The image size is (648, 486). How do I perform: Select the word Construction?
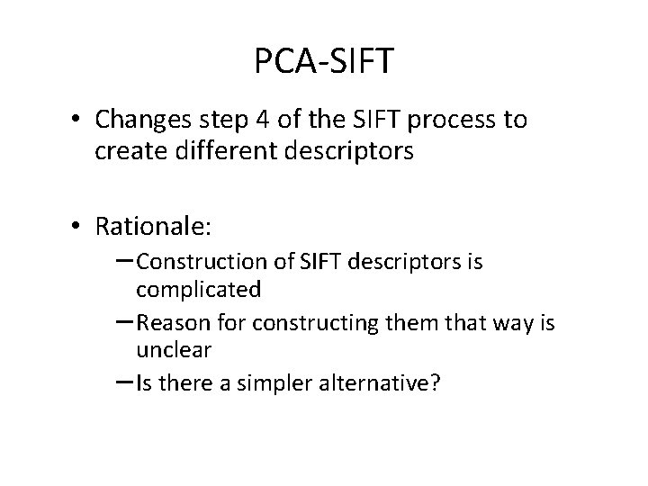coord(199,263)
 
